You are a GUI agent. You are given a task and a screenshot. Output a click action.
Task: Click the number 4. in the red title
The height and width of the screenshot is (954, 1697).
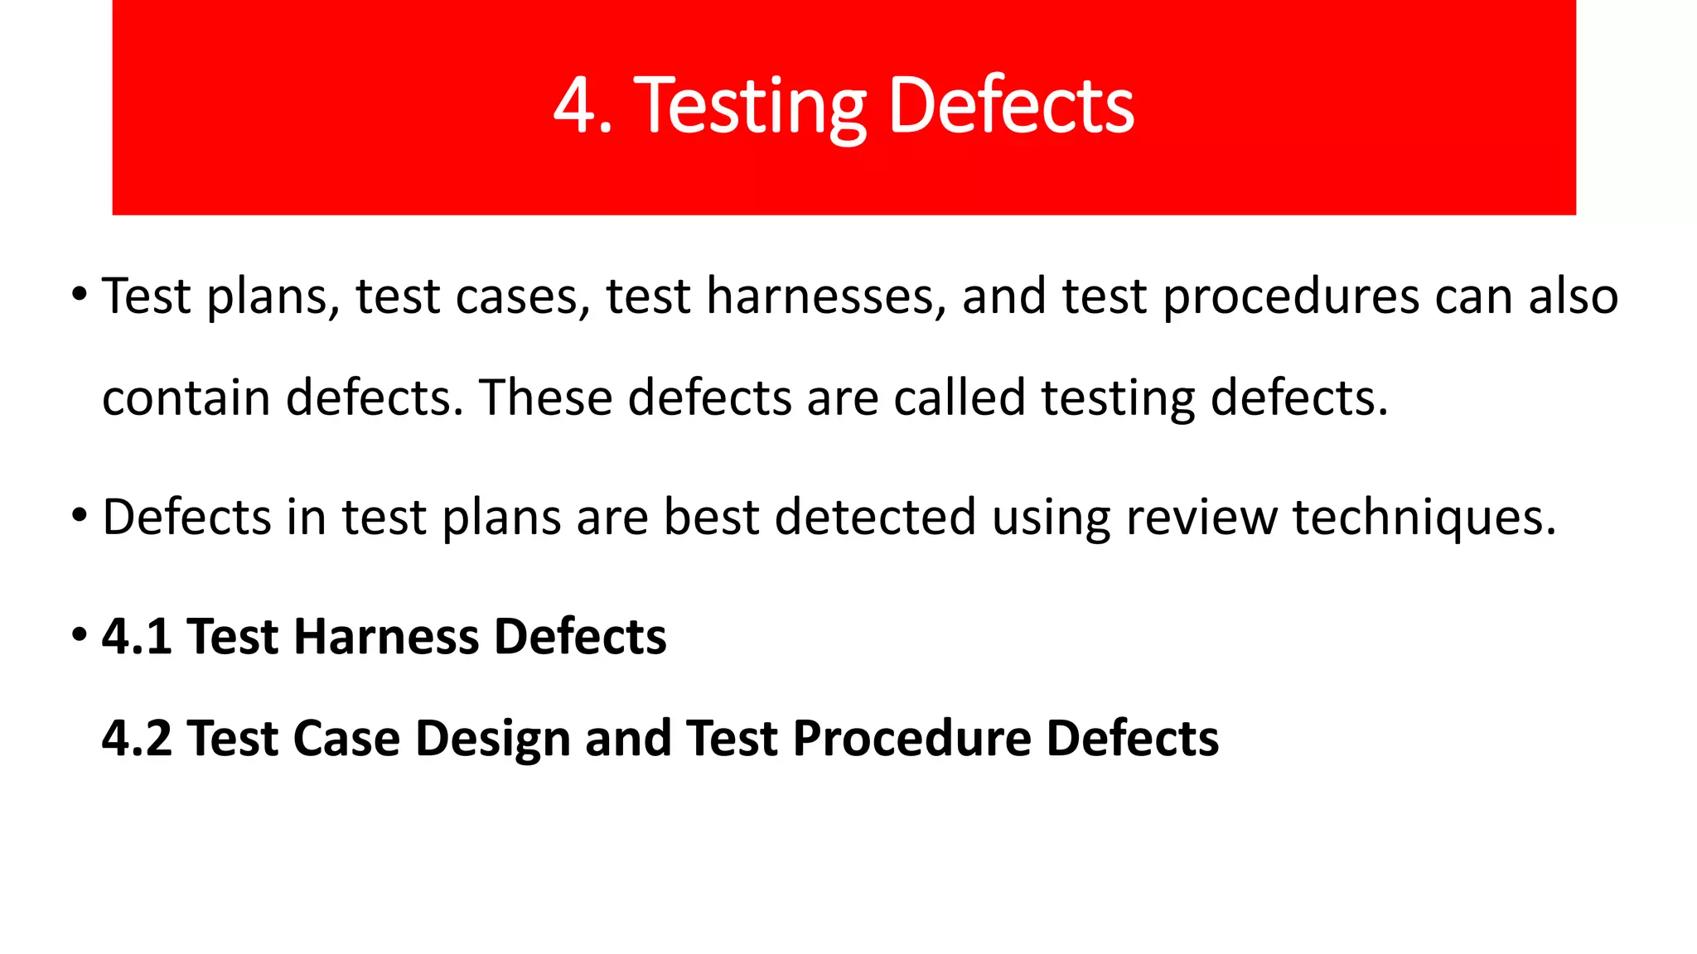(x=583, y=105)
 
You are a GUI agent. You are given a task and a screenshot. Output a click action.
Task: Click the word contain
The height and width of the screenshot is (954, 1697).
(x=186, y=397)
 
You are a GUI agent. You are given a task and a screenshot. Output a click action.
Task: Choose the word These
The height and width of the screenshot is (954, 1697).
(x=545, y=397)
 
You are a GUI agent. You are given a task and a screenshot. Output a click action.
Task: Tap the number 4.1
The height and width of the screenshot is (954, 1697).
(x=137, y=637)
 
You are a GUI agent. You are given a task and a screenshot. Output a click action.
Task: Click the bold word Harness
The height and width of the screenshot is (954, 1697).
(x=386, y=637)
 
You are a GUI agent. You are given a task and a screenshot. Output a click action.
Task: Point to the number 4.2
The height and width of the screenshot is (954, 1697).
(x=137, y=739)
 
